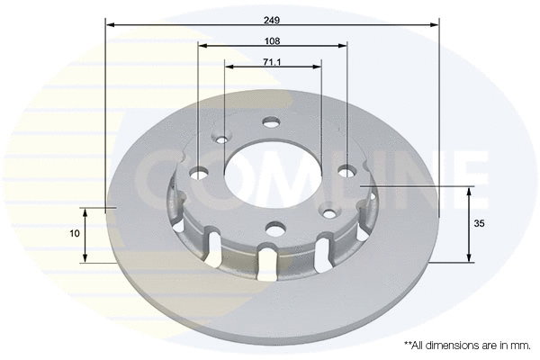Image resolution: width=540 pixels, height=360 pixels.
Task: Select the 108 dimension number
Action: [273, 41]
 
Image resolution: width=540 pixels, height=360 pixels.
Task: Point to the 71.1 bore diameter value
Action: [273, 61]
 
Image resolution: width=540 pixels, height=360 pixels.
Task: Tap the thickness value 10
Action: [75, 233]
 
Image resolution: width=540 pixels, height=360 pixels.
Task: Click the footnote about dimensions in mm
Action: [468, 345]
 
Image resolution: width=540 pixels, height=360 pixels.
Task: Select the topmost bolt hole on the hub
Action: [271, 122]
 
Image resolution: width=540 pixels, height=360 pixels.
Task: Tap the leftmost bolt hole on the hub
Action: [199, 172]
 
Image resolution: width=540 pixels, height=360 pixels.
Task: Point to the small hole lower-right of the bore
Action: [328, 213]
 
